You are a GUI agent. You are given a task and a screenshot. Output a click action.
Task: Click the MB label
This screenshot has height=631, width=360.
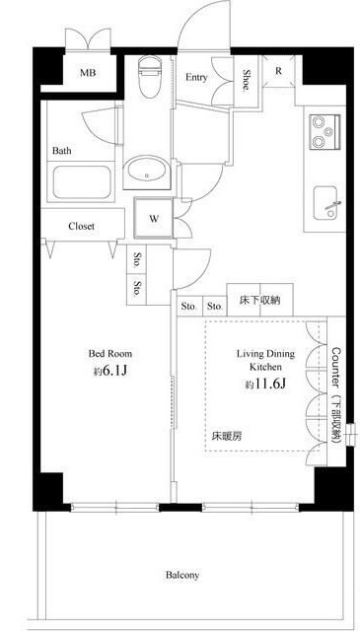(88, 73)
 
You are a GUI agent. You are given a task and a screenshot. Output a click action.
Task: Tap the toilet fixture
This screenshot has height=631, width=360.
(149, 76)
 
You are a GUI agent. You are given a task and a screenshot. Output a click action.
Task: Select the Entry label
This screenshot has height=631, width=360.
(196, 77)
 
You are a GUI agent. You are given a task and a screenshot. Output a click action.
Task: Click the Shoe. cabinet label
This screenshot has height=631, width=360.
(246, 80)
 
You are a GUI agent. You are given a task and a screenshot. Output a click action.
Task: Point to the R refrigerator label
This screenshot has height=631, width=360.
(278, 71)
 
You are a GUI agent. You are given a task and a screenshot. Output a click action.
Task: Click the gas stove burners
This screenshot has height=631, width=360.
(324, 131)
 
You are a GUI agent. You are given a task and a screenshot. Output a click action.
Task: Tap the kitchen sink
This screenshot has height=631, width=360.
(327, 203)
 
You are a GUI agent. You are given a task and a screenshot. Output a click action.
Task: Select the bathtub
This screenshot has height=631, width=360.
(82, 182)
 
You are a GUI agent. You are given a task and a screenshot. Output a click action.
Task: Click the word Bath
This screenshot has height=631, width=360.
(62, 151)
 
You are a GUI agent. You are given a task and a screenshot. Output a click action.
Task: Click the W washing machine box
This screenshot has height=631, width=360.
(154, 219)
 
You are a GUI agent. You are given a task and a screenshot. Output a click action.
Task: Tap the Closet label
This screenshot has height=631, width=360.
(81, 226)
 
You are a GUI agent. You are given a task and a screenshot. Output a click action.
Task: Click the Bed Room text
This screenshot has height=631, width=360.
(109, 354)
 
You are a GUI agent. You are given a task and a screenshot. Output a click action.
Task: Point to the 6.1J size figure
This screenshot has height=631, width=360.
(114, 371)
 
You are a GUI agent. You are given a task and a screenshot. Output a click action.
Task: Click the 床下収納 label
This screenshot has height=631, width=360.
(259, 300)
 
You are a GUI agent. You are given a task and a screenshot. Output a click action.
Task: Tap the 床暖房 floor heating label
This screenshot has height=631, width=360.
(227, 437)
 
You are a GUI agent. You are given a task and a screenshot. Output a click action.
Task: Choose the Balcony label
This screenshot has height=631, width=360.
(182, 575)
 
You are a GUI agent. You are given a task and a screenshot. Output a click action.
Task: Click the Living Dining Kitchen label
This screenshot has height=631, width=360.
(265, 360)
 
